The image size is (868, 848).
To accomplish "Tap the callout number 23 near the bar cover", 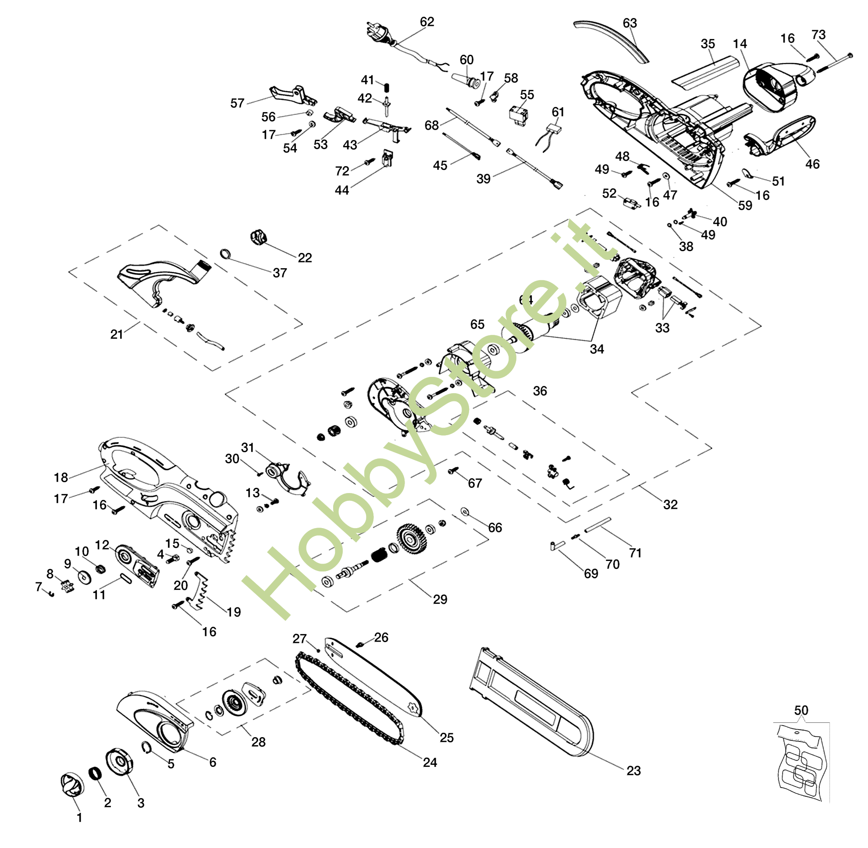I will click(x=633, y=770).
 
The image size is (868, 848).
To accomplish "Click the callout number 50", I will click(x=801, y=710).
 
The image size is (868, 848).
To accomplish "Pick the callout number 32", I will click(x=670, y=504).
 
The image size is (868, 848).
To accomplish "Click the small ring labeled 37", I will click(x=225, y=254).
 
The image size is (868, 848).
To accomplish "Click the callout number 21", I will click(x=117, y=334).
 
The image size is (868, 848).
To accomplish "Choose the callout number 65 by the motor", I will click(x=477, y=324).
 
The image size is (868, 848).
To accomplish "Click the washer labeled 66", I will click(x=464, y=511).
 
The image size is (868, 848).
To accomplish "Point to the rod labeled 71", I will click(x=597, y=525).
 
